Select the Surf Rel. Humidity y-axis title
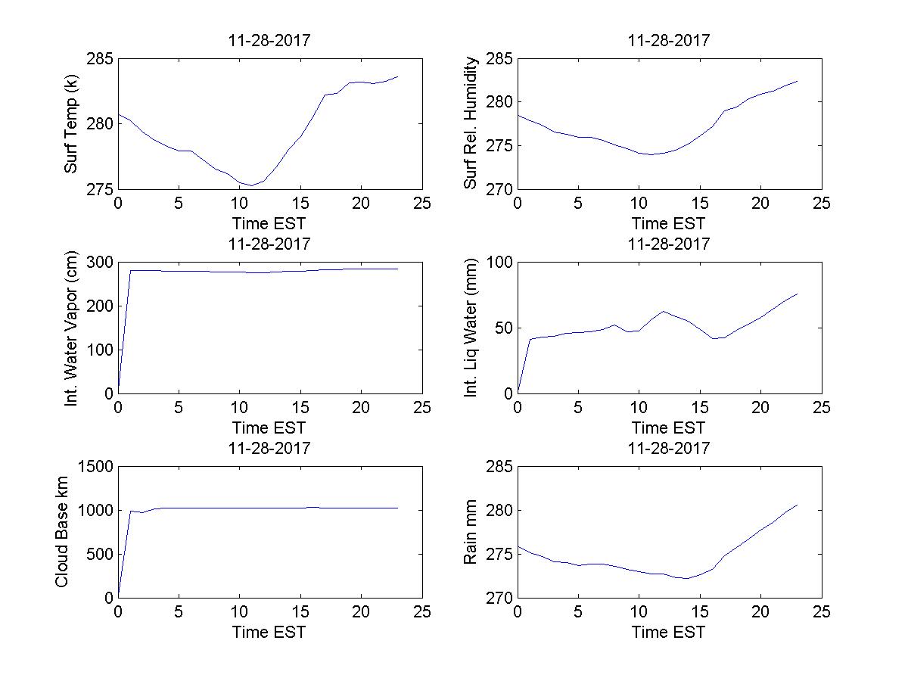tap(472, 123)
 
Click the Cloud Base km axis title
tap(62, 532)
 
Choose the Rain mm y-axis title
tap(472, 532)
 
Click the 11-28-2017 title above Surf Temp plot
tap(269, 41)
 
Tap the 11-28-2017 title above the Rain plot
tap(669, 448)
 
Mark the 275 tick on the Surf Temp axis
tap(101, 188)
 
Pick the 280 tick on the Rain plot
tap(499, 511)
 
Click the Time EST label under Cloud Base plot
tap(269, 632)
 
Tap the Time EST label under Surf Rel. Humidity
tap(669, 223)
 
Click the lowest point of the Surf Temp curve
tap(251, 185)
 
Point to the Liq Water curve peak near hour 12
tap(664, 311)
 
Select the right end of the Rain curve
tap(798, 505)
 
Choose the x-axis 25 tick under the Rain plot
tap(822, 612)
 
